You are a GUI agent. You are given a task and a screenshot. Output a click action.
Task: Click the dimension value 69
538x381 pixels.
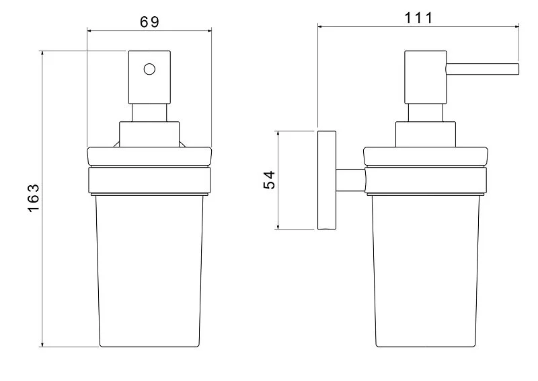[149, 21]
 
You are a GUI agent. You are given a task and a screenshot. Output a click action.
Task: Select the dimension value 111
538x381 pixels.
[418, 18]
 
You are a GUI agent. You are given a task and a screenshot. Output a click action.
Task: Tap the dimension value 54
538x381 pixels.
[269, 180]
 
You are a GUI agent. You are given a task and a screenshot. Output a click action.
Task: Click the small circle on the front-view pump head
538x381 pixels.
[149, 69]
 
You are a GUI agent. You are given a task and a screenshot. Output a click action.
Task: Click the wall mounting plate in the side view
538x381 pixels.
[327, 180]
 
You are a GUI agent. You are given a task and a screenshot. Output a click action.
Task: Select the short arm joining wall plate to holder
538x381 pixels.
[350, 180]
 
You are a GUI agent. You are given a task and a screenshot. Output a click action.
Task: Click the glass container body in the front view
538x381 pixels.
[149, 269]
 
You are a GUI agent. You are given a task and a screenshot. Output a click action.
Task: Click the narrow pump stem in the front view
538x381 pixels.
[149, 112]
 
